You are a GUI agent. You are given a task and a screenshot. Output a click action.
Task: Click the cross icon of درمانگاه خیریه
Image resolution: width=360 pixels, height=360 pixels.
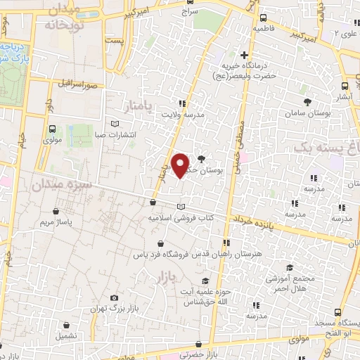[245, 55]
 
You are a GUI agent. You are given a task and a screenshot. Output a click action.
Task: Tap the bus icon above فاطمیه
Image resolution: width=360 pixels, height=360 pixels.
[262, 18]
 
